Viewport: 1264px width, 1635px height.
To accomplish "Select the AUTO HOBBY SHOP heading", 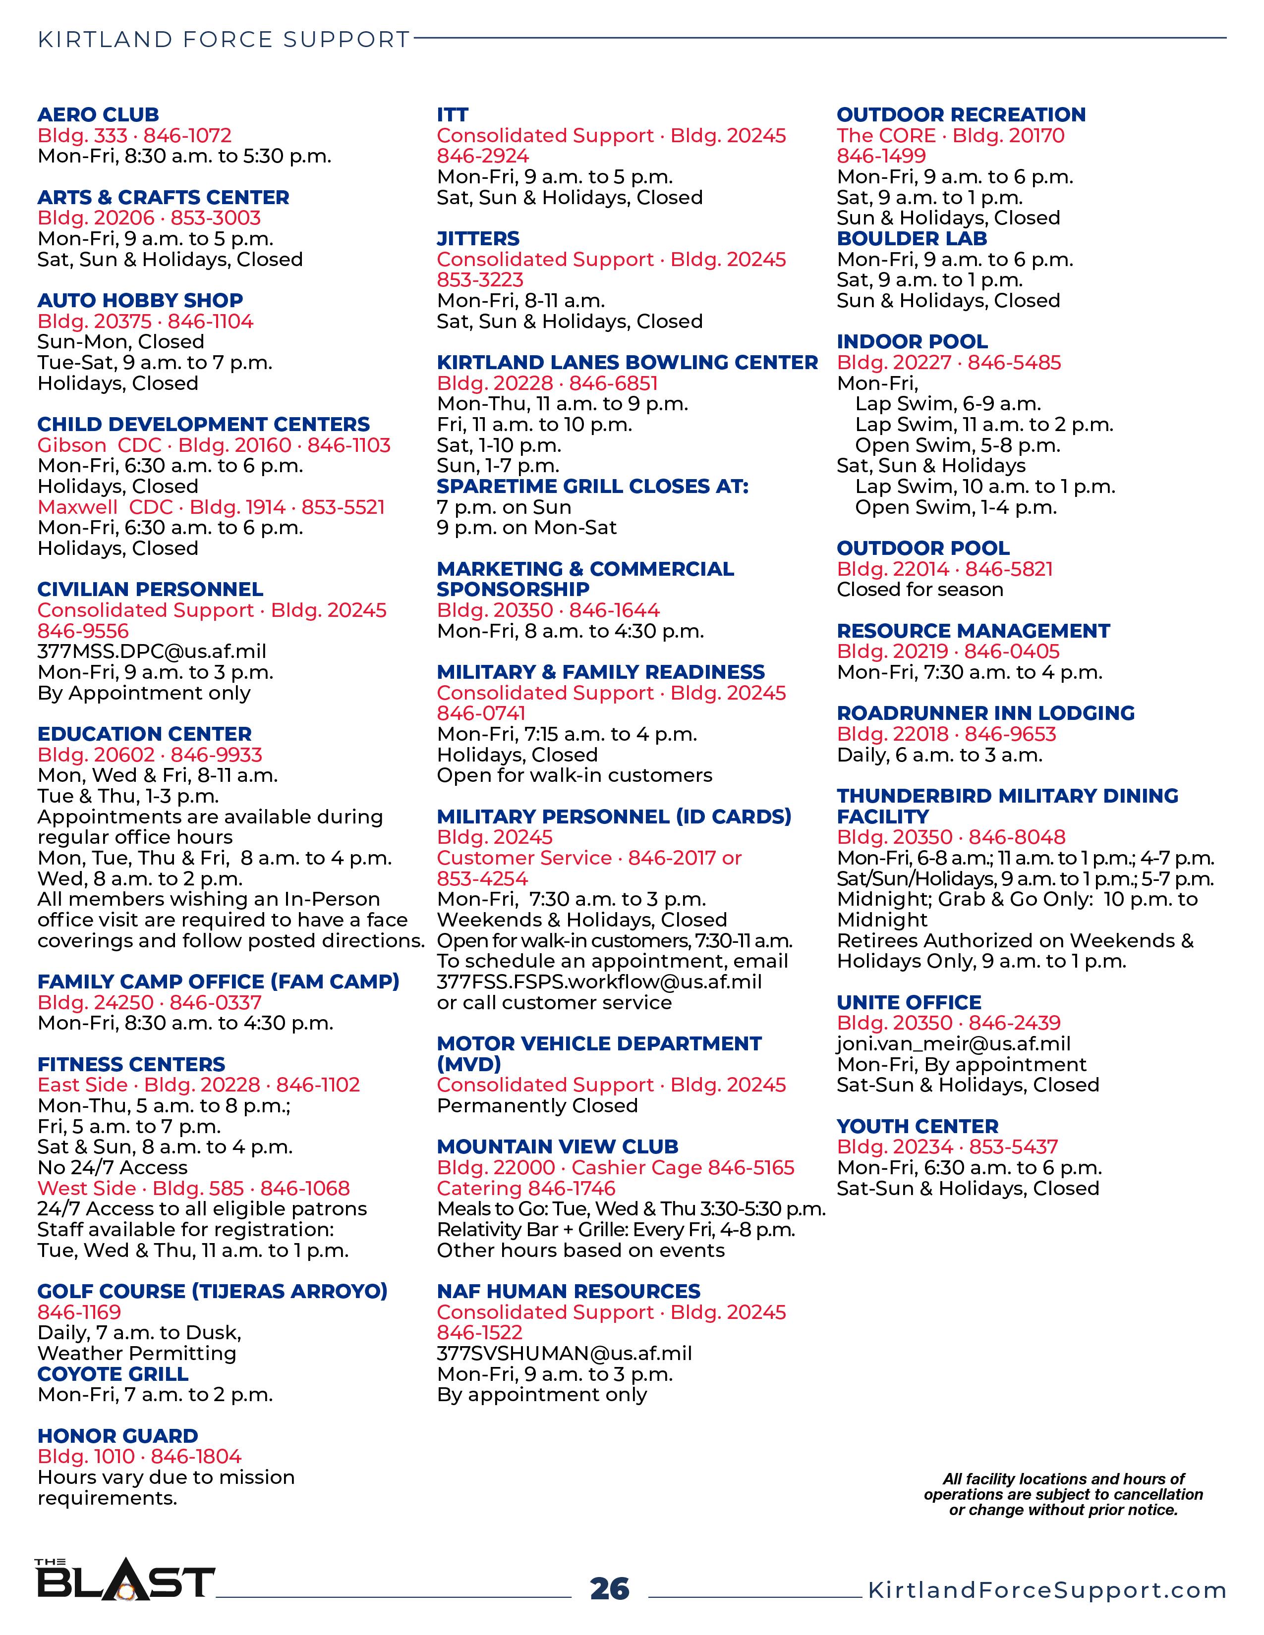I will pyautogui.click(x=140, y=300).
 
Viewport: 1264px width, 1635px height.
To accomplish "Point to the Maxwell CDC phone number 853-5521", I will pyautogui.click(x=343, y=507).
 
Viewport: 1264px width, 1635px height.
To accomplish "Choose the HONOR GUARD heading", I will pyautogui.click(x=117, y=1436).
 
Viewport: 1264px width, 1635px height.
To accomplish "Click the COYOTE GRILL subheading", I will pyautogui.click(x=113, y=1374).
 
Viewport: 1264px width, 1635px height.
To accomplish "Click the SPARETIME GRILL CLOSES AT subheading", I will pyautogui.click(x=592, y=486).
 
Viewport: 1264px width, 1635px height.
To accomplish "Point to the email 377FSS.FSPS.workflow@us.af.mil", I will pyautogui.click(x=599, y=981).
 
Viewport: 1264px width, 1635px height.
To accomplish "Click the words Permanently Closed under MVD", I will pyautogui.click(x=537, y=1106).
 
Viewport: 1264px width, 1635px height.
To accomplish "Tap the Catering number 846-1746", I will pyautogui.click(x=572, y=1188).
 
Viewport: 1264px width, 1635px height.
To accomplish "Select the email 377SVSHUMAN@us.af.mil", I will pyautogui.click(x=564, y=1354).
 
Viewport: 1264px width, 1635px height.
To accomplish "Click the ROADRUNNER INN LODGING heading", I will pyautogui.click(x=985, y=713).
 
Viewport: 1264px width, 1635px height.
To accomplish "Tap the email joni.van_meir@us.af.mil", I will pyautogui.click(x=953, y=1043).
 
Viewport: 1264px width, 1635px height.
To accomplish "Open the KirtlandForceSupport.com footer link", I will pyautogui.click(x=1046, y=1590).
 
